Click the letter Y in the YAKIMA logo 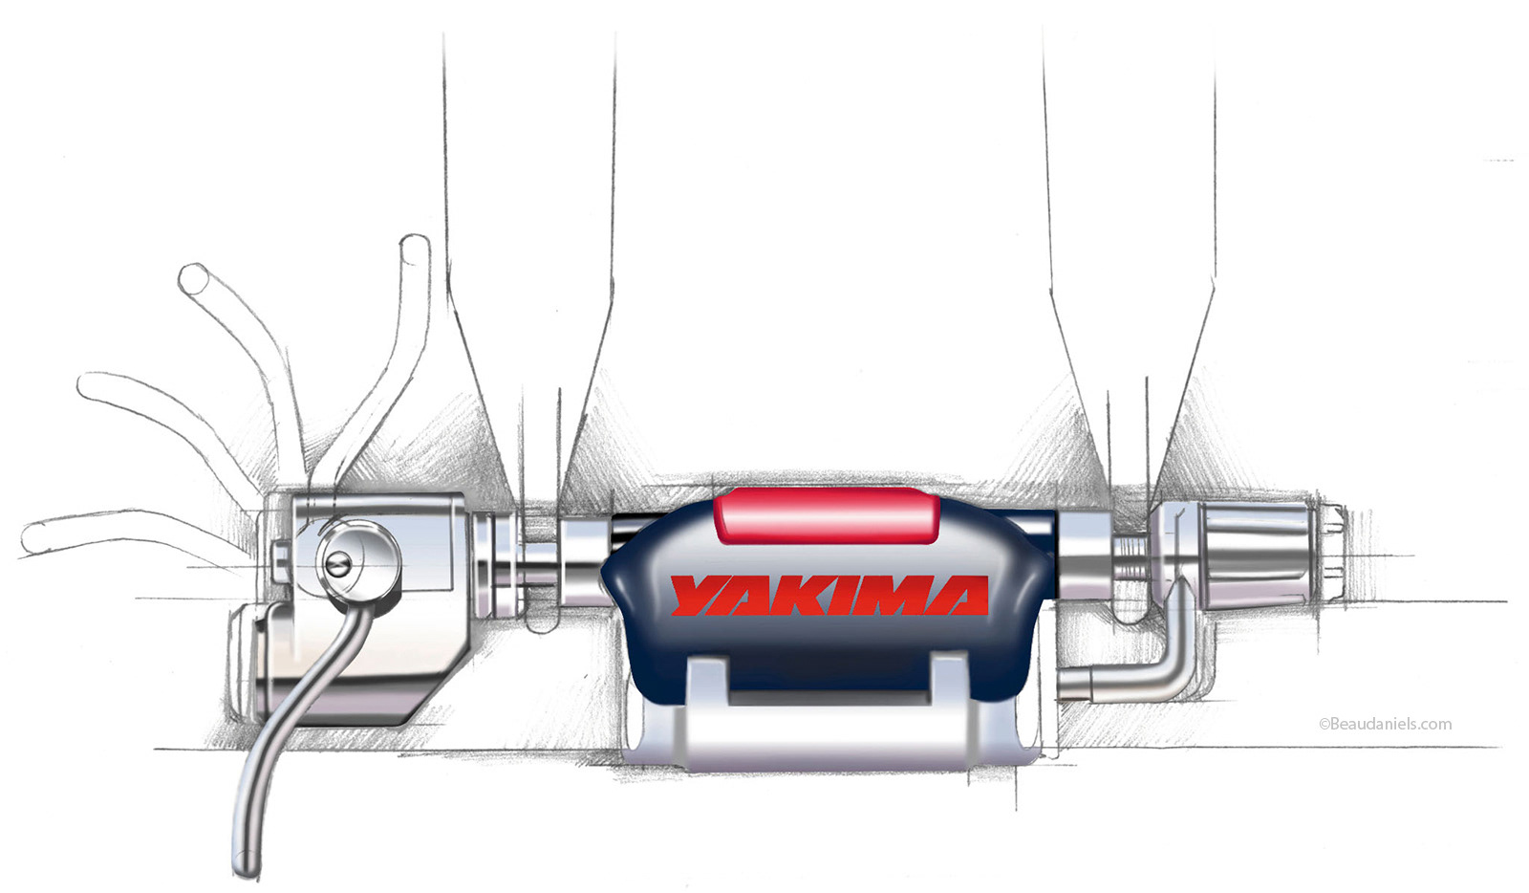point(696,595)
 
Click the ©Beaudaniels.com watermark point(1385,724)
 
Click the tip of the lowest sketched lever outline point(32,540)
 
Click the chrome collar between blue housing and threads point(1084,559)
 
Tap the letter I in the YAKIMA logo point(842,596)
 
